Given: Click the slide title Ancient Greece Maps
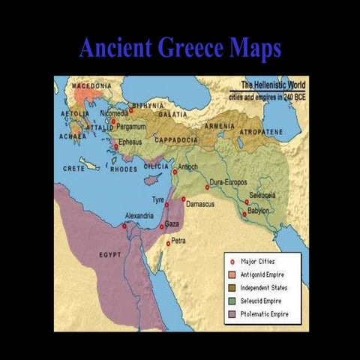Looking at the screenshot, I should [180, 48].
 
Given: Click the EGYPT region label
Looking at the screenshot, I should [110, 255].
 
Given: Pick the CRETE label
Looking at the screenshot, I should [73, 169].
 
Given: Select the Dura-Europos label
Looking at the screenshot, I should [229, 181].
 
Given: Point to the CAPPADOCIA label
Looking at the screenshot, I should [176, 140].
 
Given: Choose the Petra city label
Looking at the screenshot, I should [178, 241].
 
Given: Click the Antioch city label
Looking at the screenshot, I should [188, 166].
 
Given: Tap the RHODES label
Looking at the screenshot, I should [124, 169].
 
